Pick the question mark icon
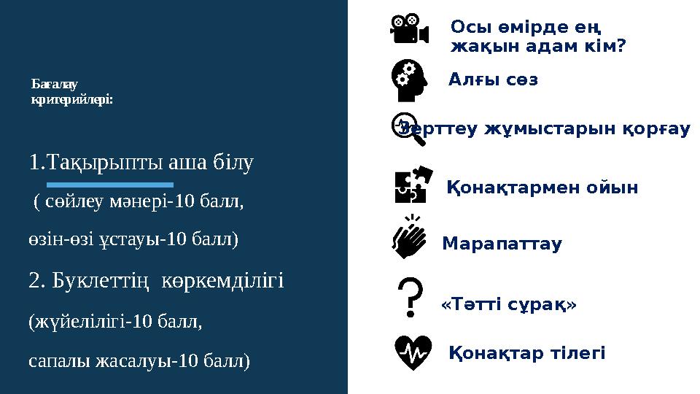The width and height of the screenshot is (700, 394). [x=412, y=296]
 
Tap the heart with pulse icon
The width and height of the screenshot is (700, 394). [x=412, y=352]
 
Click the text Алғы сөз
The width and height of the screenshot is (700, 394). [x=493, y=80]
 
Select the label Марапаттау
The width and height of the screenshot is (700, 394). [x=502, y=244]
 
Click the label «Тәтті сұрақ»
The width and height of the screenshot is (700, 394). [x=509, y=304]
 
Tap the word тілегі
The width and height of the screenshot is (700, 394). [x=577, y=354]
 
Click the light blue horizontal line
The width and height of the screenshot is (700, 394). [x=109, y=185]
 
